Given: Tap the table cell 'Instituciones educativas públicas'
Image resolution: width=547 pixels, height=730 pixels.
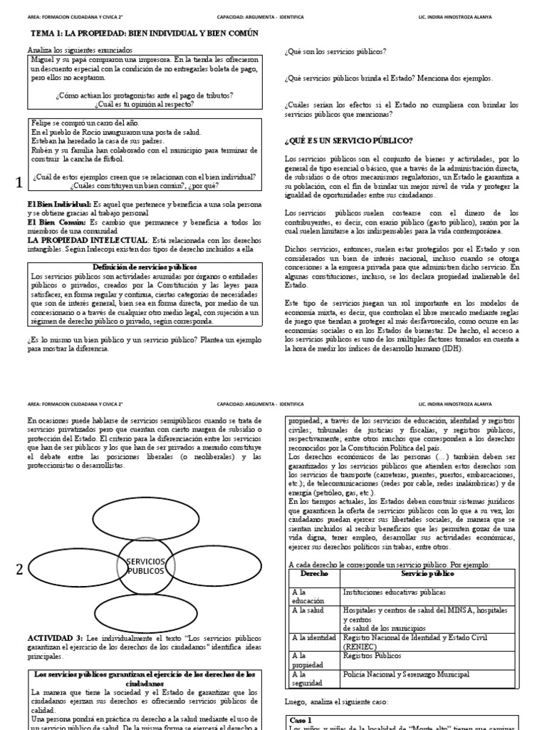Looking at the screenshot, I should click(x=395, y=592).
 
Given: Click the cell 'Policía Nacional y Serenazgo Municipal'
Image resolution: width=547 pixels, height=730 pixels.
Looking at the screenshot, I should click(x=406, y=674).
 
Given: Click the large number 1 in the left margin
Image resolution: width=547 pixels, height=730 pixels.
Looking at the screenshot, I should click(x=19, y=183).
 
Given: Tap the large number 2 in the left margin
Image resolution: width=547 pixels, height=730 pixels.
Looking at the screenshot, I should click(x=19, y=569).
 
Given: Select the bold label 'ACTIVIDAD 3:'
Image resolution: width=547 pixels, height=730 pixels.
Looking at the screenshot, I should click(x=55, y=635).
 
